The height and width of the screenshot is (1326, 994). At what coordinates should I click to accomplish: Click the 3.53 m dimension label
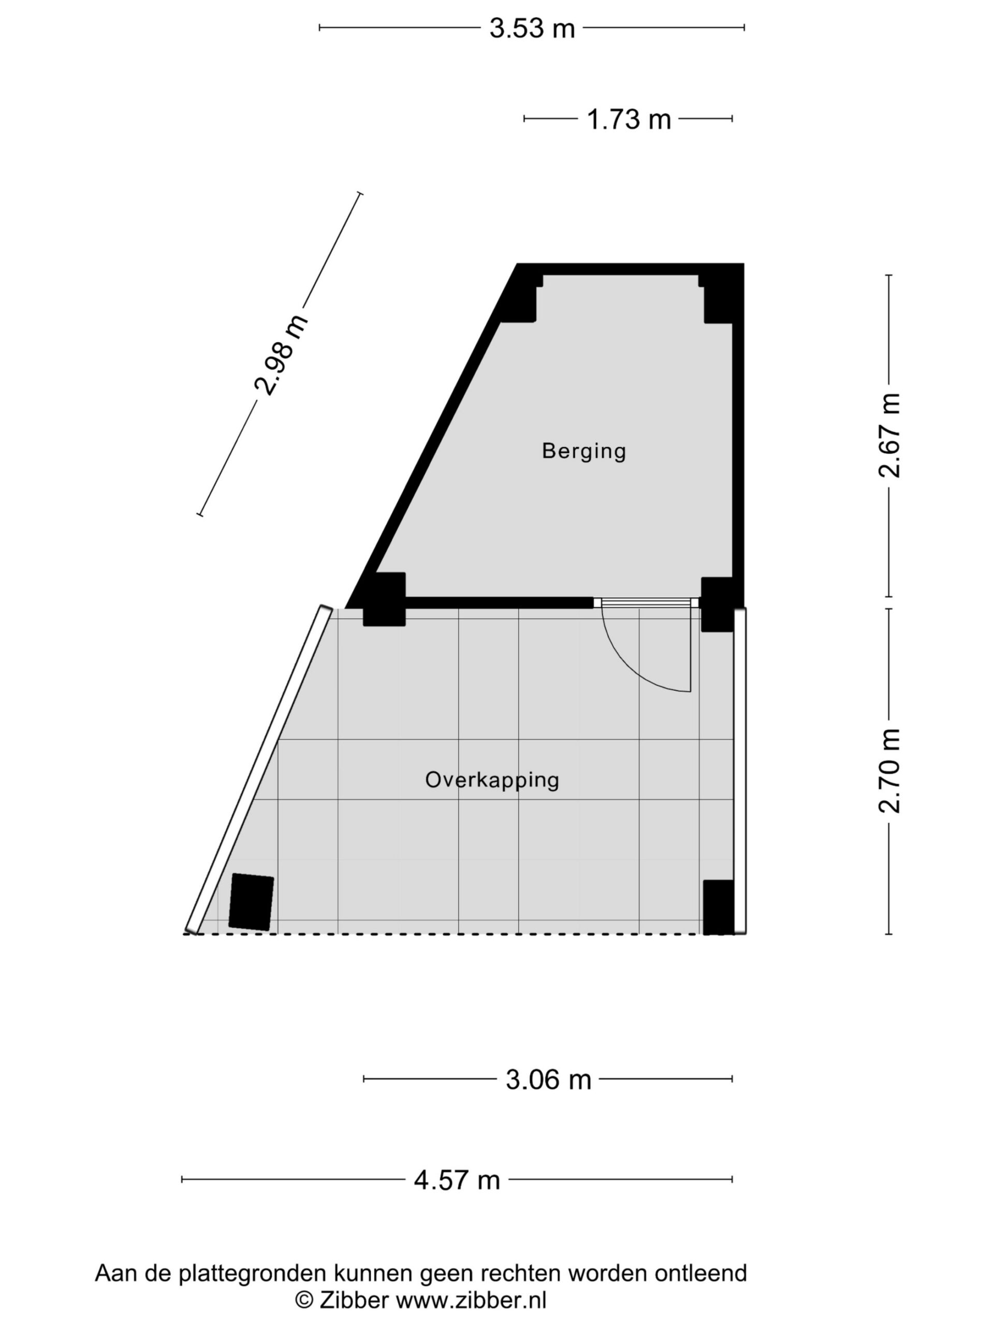[x=532, y=28]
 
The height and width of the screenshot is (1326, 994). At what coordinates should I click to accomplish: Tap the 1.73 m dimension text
[x=628, y=119]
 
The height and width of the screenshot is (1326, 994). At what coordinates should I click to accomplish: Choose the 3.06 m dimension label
[x=548, y=1080]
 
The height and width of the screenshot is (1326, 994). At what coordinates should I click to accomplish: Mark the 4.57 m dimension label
[x=457, y=1180]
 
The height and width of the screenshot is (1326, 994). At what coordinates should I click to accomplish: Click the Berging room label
[x=583, y=451]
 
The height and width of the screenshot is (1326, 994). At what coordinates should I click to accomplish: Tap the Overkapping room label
[x=492, y=780]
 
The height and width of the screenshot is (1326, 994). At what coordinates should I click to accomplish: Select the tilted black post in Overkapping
[x=252, y=902]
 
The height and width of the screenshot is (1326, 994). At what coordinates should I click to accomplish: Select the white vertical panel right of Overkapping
[x=740, y=770]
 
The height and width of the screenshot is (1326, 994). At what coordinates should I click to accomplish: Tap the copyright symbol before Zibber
[x=304, y=1300]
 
